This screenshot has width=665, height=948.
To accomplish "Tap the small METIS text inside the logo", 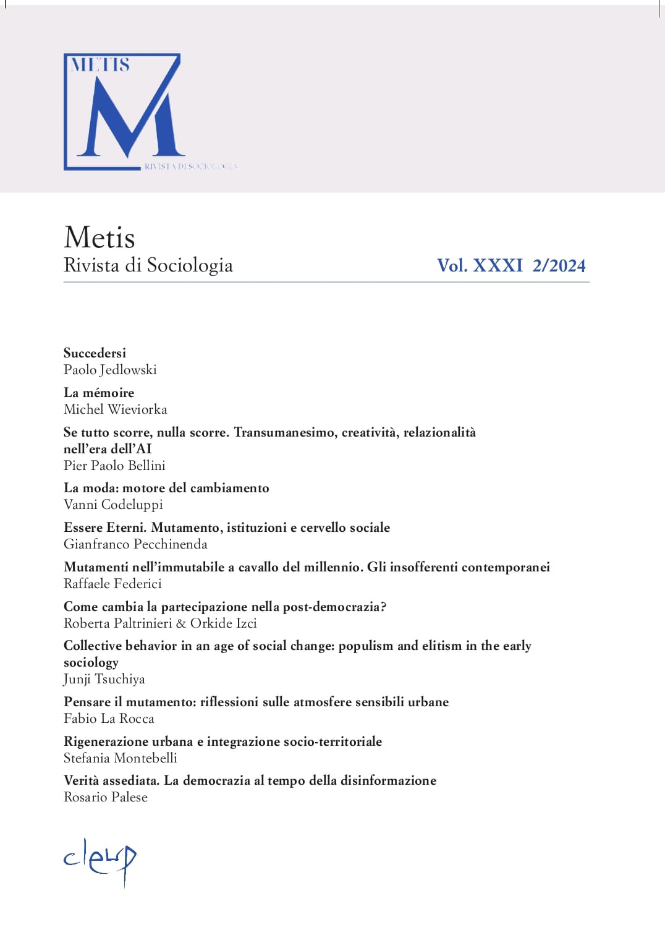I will pos(100,65).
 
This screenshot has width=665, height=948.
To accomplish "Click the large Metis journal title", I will pos(99,237).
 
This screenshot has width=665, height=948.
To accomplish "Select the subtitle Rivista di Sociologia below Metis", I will pos(148,265).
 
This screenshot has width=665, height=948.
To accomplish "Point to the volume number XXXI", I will pos(498,265).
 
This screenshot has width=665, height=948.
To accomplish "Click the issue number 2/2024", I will pos(559,265).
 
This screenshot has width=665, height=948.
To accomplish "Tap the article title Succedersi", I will pos(95,353).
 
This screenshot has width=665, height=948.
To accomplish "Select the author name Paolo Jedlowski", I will pos(110,370).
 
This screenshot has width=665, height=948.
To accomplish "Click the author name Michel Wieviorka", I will pos(115,409).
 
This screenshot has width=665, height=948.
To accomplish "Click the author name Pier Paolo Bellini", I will pos(114,466).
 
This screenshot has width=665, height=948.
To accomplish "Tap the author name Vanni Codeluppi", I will pos(113,505).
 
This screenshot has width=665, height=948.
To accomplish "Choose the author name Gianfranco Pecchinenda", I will pos(135,544).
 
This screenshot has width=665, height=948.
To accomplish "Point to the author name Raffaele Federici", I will pos(112,584).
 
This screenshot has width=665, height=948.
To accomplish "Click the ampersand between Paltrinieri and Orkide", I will pos(181,623).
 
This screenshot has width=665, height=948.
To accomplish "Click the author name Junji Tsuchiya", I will pos(104,679).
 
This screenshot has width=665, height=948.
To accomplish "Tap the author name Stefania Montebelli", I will pos(121,758).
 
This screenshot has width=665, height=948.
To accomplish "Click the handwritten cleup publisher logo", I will pos(100,860).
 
